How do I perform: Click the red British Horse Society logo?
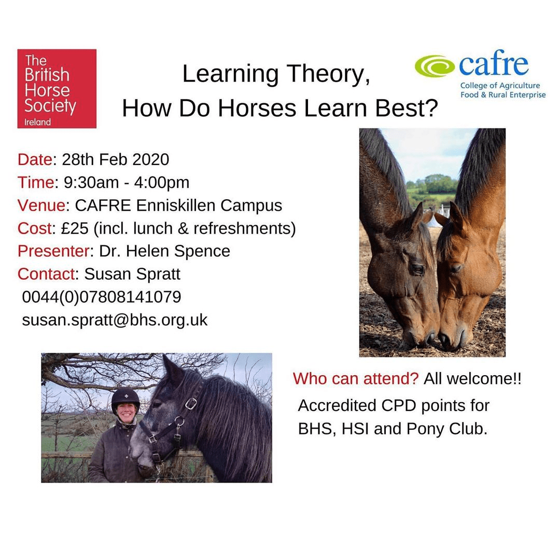coord(57,89)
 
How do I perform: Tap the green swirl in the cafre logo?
coord(435,66)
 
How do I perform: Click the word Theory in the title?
coord(328,74)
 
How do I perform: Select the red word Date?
coord(35,159)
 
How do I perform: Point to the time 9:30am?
coord(91,183)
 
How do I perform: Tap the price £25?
coord(75,228)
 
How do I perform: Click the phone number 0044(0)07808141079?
coord(102,297)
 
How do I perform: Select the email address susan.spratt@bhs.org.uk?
coord(115,320)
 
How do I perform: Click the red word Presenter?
coord(53,251)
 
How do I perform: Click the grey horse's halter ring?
coord(191,404)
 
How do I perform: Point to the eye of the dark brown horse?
coord(417,268)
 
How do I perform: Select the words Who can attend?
coord(356,379)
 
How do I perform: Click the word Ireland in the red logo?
coord(37,122)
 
